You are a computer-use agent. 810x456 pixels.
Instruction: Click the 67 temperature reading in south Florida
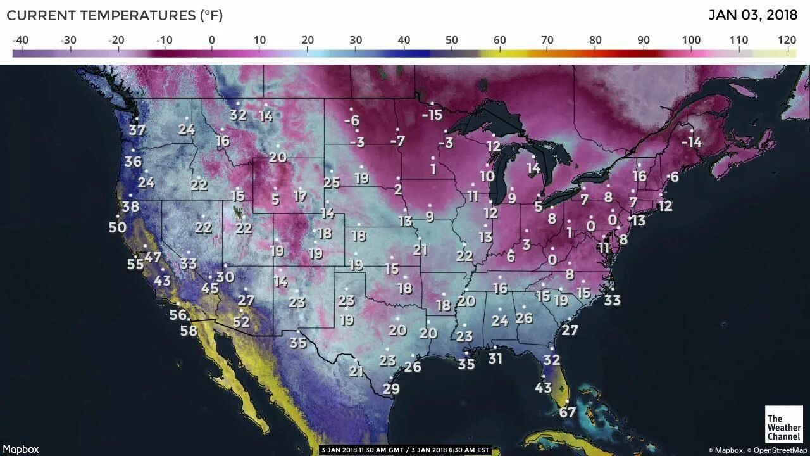[x=567, y=413]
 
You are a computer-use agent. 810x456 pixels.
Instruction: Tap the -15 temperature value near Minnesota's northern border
[x=432, y=115]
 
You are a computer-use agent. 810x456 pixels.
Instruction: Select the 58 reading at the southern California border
[x=189, y=330]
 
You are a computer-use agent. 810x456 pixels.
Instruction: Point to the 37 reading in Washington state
[x=137, y=130]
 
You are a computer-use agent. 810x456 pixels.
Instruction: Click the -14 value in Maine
[x=692, y=142]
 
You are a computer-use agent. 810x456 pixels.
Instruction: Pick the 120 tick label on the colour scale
[x=787, y=41]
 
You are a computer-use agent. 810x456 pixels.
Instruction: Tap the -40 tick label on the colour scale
[x=20, y=41]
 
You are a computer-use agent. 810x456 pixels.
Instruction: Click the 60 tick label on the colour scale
[x=499, y=41]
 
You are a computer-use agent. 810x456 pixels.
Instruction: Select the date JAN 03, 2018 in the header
[x=752, y=15]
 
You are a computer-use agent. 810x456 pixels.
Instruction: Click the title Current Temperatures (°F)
[x=115, y=15]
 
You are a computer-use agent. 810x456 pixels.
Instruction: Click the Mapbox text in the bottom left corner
[x=21, y=449]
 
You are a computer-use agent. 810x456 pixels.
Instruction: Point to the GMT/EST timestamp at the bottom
[x=405, y=450]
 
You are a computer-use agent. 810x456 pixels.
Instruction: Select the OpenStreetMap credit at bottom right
[x=780, y=450]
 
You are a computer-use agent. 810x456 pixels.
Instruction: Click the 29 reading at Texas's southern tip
[x=391, y=388]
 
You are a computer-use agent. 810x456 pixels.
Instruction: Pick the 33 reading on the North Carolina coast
[x=612, y=300]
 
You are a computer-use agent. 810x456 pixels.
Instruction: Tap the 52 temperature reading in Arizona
[x=241, y=322]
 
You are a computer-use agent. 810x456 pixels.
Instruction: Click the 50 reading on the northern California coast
[x=117, y=227]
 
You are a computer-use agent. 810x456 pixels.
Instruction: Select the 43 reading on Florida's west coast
[x=543, y=387]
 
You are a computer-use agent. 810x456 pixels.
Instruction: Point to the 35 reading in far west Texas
[x=298, y=343]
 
